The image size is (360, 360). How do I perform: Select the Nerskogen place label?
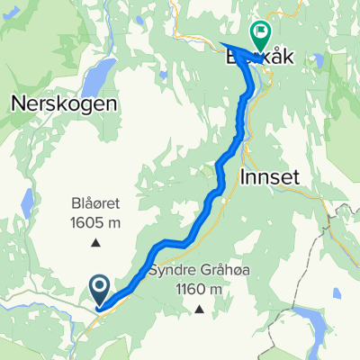click(63, 103)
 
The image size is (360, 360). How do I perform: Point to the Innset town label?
click(270, 178)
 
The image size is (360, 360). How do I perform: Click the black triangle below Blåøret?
click(95, 241)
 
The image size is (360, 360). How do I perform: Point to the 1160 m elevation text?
click(197, 289)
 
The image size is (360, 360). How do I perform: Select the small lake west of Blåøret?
click(28, 202)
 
